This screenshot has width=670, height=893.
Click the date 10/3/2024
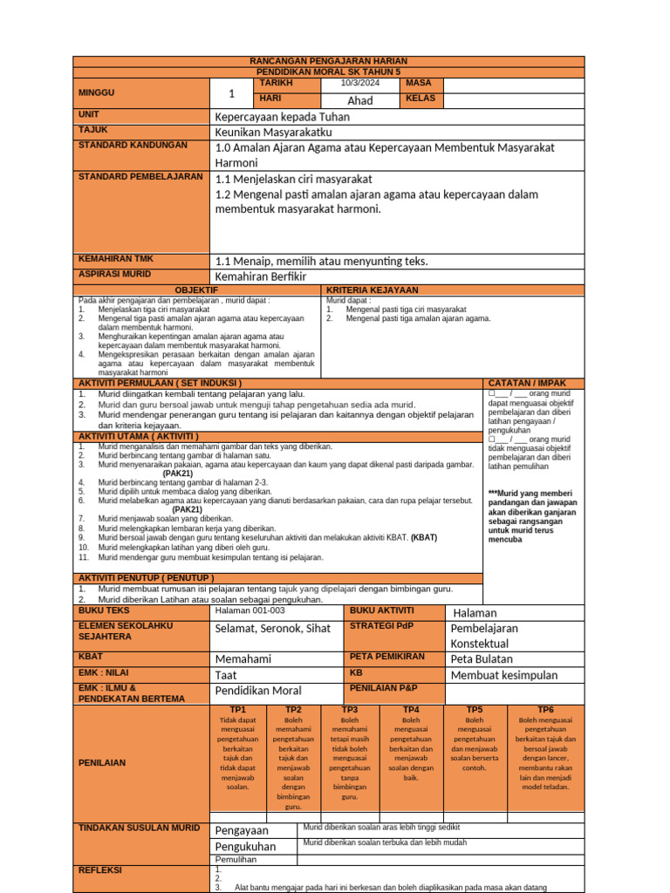pos(359,84)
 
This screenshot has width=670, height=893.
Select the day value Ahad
pos(359,100)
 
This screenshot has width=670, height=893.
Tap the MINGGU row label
pos(96,92)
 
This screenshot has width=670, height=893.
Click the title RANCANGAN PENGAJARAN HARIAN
pos(329,61)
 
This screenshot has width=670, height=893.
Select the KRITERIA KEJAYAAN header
pos(373,290)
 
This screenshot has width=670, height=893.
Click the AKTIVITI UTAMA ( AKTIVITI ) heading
pos(139,436)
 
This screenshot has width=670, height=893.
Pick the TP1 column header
pos(237,710)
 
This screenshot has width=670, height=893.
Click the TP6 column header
pos(545,710)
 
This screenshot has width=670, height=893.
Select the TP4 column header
pos(411,710)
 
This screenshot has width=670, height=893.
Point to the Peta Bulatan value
pos(482,659)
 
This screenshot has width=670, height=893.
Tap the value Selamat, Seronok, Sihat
pos(273,629)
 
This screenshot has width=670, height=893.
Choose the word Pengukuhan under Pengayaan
pos(245,846)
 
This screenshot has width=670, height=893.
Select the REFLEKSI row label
pos(100,870)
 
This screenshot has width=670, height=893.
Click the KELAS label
pos(420,99)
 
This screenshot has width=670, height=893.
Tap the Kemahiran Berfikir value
pos(261,276)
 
